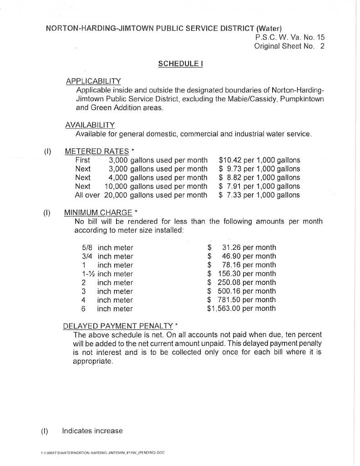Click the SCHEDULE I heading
click(x=180, y=64)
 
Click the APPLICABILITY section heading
click(x=93, y=81)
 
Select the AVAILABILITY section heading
click(x=90, y=125)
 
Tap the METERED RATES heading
click(x=97, y=151)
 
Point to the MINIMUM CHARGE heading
click(x=98, y=213)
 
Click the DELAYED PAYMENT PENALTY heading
click(x=118, y=326)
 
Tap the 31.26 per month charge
click(x=248, y=248)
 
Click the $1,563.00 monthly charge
click(x=241, y=309)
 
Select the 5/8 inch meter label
click(x=107, y=248)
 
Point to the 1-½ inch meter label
click(x=107, y=274)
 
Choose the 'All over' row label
click(x=87, y=195)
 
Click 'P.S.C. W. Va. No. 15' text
click(x=290, y=37)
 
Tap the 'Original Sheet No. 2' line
click(x=289, y=46)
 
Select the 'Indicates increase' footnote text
click(x=92, y=431)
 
